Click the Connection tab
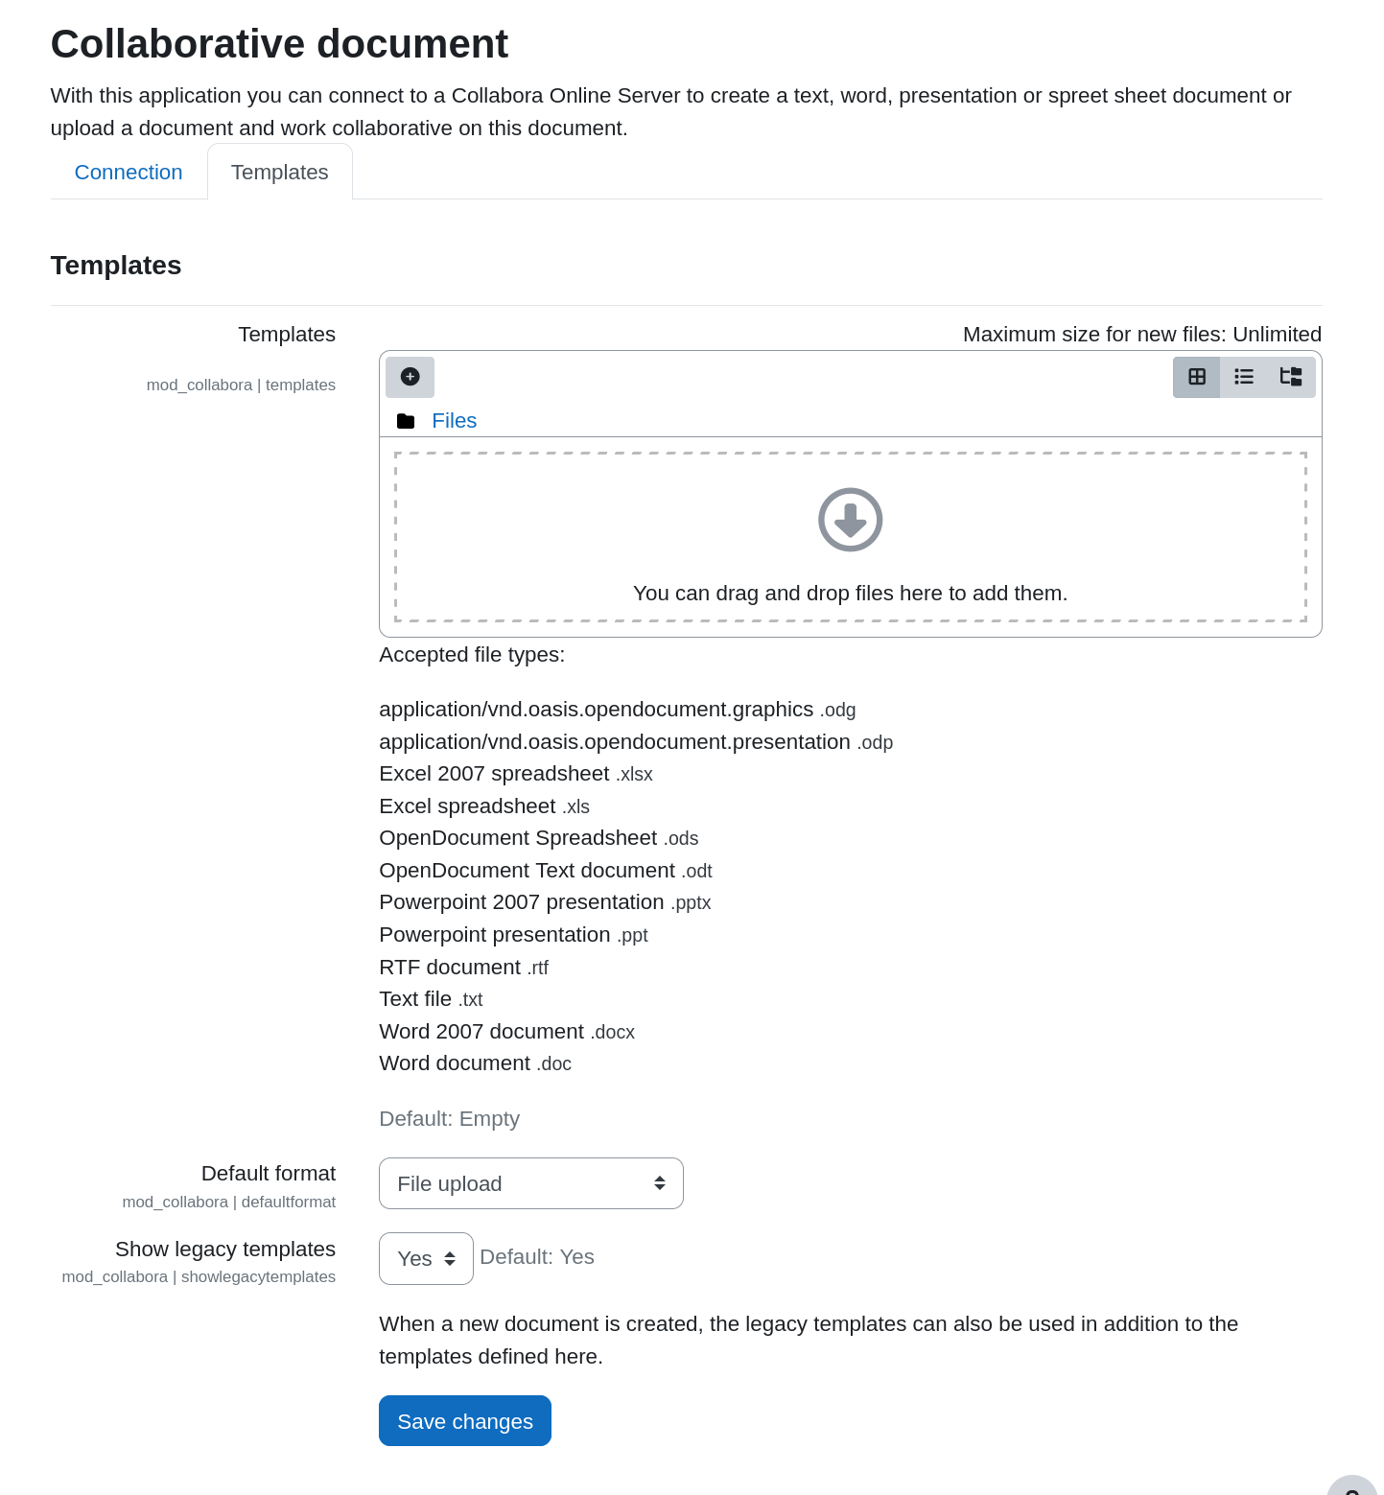tap(129, 173)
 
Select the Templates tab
tap(280, 173)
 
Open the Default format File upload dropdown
tap(530, 1183)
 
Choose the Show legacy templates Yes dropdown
tap(426, 1258)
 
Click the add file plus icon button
tap(410, 377)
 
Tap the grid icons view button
tap(1197, 377)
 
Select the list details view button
tap(1244, 377)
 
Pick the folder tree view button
tap(1291, 377)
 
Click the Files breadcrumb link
tap(454, 421)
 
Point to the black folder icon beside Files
tap(406, 421)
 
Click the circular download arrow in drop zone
tap(850, 520)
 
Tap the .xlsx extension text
tap(634, 775)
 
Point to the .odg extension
tap(837, 711)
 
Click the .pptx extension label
tap(691, 903)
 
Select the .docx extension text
tap(612, 1033)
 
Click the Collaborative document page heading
tap(279, 44)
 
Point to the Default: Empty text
tap(449, 1119)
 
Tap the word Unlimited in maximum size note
tap(1277, 335)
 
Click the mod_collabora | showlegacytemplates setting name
tap(199, 1277)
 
